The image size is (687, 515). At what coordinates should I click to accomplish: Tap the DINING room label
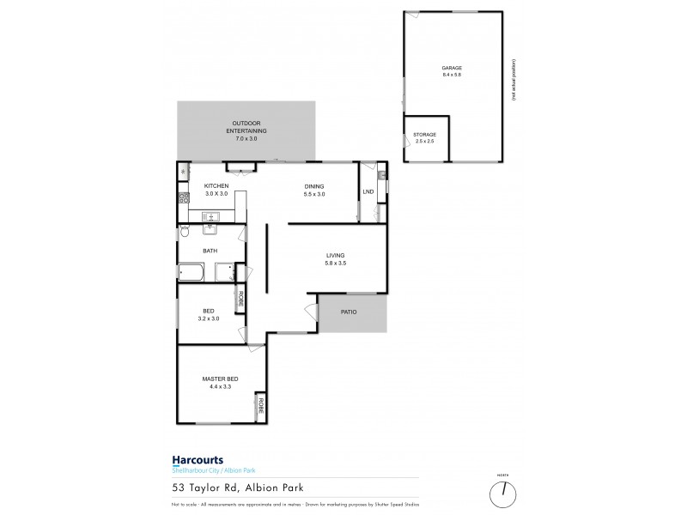(x=313, y=191)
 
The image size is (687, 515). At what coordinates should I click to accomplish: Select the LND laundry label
(x=368, y=192)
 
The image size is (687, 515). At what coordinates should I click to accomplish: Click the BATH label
(x=210, y=251)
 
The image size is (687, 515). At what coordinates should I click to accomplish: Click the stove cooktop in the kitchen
(x=184, y=200)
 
